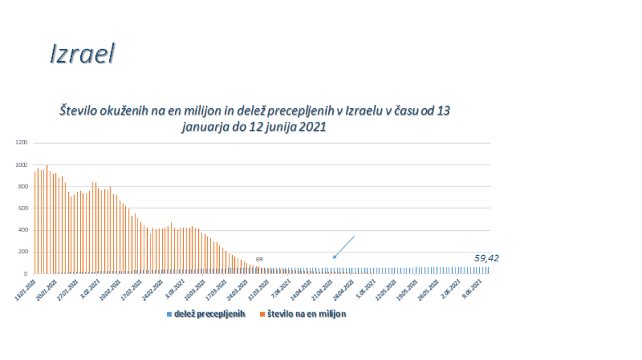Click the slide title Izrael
click(x=82, y=54)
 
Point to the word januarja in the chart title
click(x=205, y=126)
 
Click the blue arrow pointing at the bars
click(x=344, y=247)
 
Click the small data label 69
click(x=259, y=260)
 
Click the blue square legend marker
click(x=169, y=314)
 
